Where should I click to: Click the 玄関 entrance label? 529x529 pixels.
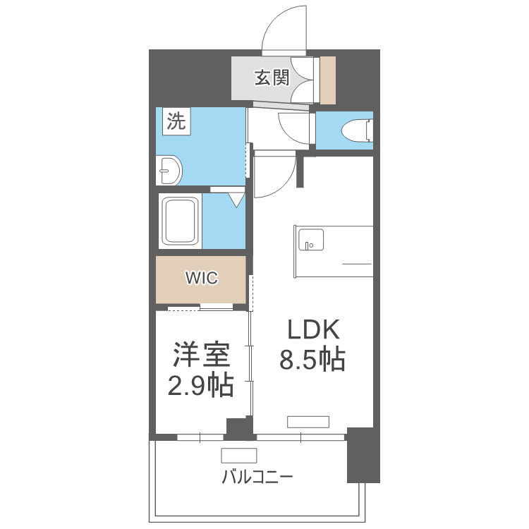272,78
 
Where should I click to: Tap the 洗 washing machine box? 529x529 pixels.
176,121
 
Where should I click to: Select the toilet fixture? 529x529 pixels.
355,130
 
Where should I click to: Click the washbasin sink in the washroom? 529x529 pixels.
169,170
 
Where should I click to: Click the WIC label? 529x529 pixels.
202,278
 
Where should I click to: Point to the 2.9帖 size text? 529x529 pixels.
201,386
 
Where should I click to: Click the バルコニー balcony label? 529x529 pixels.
257,477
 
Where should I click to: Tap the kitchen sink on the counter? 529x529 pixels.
310,240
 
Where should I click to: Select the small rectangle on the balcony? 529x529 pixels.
239,455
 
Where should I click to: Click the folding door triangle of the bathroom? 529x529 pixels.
236,199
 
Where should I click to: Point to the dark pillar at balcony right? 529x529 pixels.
363,455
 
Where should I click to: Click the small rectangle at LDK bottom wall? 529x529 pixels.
308,422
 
